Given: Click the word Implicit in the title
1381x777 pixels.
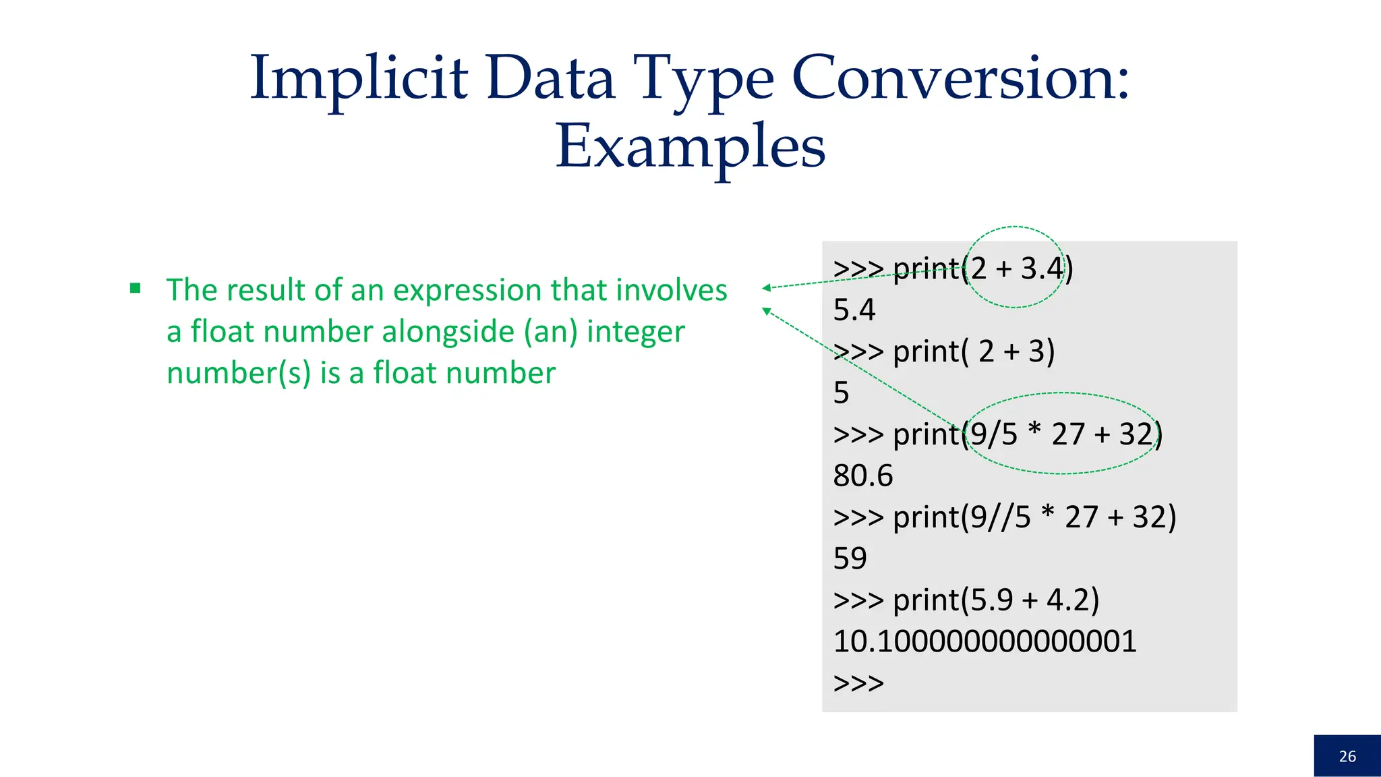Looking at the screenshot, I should [x=359, y=79].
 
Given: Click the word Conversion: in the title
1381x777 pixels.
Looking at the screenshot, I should [x=960, y=79].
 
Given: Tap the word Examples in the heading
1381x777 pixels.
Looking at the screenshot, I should [x=690, y=147].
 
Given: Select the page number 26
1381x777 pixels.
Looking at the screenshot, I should [x=1347, y=756].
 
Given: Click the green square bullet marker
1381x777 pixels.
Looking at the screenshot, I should [x=136, y=289].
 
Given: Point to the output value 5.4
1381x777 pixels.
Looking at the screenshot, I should [x=854, y=310].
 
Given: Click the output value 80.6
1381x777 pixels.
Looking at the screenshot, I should [x=862, y=476].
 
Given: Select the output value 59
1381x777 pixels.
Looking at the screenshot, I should [x=850, y=558].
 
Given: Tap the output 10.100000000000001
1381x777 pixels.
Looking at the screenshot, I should [x=985, y=641].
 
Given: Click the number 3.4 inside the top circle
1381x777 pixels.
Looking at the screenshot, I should [x=1042, y=268].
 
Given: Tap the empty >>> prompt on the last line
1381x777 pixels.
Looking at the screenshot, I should [x=858, y=683].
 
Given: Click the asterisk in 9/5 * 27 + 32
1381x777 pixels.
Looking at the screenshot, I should [x=1035, y=431].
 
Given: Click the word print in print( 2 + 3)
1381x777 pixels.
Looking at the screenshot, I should [x=926, y=351].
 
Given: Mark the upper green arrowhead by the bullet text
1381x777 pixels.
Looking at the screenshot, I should [x=767, y=288].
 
